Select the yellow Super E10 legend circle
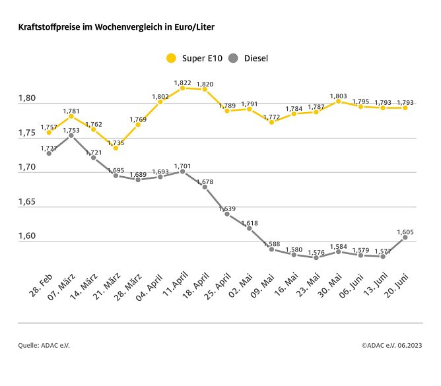(x=172, y=58)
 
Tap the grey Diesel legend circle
(x=232, y=58)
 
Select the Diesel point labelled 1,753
(x=71, y=136)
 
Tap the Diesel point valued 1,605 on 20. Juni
(x=405, y=238)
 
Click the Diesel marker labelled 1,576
(x=316, y=257)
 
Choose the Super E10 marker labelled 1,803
(x=338, y=101)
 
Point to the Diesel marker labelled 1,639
(x=227, y=214)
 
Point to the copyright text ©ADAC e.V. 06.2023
(x=391, y=345)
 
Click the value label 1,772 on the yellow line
(x=271, y=117)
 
